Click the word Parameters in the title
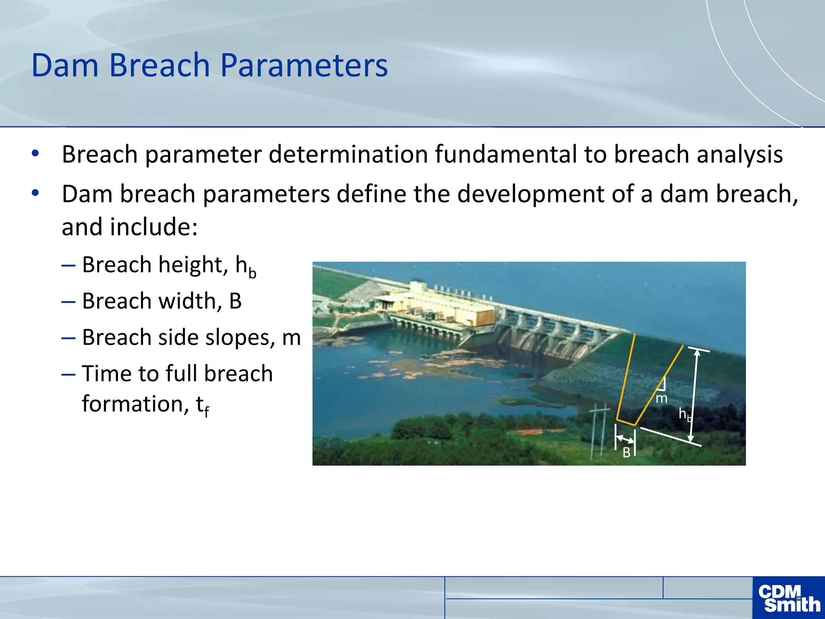pyautogui.click(x=304, y=65)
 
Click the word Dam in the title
pyautogui.click(x=64, y=65)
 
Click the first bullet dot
pyautogui.click(x=35, y=154)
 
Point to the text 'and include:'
pyautogui.click(x=130, y=227)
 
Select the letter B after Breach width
pyautogui.click(x=235, y=301)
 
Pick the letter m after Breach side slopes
pyautogui.click(x=291, y=338)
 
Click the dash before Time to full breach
pyautogui.click(x=68, y=374)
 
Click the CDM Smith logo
pyautogui.click(x=788, y=598)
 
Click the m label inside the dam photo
pyautogui.click(x=661, y=399)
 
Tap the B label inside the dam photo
pyautogui.click(x=626, y=453)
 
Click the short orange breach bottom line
pyautogui.click(x=626, y=422)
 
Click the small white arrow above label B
pyautogui.click(x=625, y=439)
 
